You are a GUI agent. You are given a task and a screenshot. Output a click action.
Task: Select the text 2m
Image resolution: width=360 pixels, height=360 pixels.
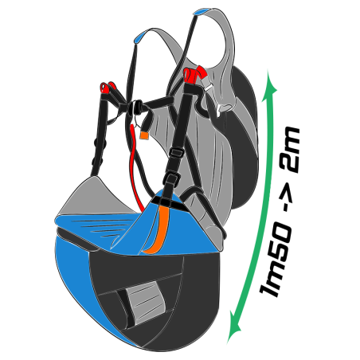(x=290, y=150)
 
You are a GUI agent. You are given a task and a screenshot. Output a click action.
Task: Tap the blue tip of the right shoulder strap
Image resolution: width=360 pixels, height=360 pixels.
(x=202, y=12)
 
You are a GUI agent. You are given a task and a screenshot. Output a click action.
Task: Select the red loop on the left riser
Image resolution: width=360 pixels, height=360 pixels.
(x=108, y=88)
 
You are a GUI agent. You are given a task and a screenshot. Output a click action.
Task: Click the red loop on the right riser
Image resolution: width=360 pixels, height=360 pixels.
(x=194, y=74)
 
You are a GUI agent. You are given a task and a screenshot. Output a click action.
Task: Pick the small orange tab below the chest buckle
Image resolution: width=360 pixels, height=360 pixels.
(x=144, y=135)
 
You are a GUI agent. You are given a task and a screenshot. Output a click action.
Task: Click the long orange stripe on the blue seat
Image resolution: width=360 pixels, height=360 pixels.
(x=160, y=229)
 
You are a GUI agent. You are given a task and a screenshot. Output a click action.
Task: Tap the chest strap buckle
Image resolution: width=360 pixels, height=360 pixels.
(x=136, y=107)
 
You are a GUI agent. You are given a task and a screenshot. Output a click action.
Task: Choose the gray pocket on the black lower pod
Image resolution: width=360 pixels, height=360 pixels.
(x=147, y=303)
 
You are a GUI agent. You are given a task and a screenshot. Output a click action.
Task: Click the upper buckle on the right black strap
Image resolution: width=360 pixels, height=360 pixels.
(x=176, y=153)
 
